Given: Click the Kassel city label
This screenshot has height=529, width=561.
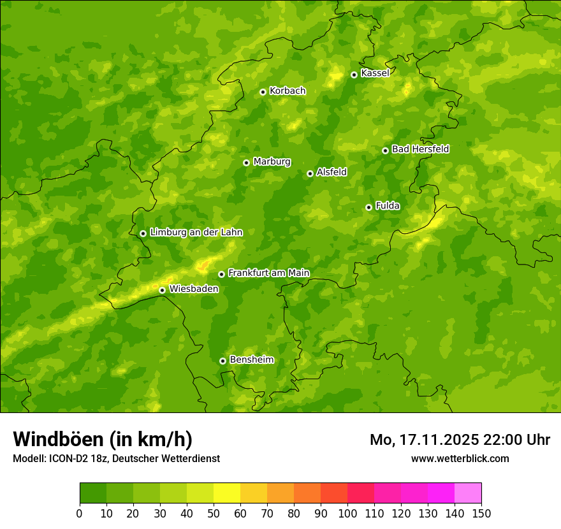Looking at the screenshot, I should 375,73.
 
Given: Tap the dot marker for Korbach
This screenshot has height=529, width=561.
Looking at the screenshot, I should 263,92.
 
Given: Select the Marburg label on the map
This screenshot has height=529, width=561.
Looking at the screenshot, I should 272,162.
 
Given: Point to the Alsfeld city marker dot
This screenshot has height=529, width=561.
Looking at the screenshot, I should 310,173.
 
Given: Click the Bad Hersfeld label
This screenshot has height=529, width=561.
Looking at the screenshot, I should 420,149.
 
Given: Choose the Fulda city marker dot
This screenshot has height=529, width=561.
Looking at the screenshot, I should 368,207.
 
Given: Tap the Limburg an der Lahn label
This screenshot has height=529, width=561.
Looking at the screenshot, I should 196,233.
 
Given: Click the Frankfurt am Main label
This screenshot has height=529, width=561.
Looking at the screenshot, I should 268,273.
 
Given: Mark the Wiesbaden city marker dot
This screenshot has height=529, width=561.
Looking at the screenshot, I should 162,290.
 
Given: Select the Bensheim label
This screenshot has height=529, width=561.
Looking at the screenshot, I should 251,360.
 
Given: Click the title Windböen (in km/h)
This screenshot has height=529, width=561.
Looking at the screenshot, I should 103,439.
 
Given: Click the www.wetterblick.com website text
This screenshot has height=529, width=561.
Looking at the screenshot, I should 460,458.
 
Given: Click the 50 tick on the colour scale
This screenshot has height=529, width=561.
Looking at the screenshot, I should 214,513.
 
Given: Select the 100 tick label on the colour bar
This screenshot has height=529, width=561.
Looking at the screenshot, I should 347,513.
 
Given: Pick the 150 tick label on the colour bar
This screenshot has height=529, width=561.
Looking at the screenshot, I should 481,513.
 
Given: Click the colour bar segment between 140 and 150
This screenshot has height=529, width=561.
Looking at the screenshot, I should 468,493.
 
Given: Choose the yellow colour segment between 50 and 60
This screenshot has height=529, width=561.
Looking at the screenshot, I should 227,493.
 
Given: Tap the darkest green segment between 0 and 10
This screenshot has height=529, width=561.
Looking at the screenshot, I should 93,493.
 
